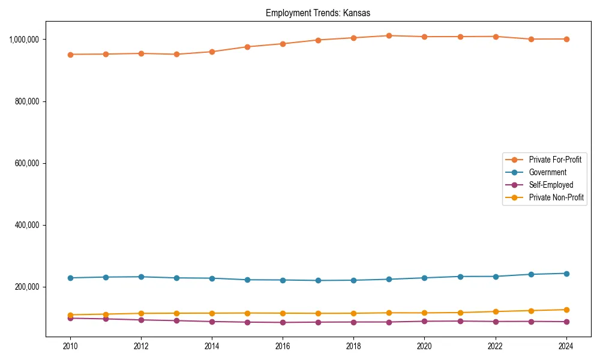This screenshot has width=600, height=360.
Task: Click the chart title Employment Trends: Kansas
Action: [x=318, y=13]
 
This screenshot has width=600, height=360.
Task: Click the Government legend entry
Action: [x=547, y=172]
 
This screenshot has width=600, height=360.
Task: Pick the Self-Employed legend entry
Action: [x=551, y=185]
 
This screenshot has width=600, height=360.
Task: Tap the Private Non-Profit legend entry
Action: [x=556, y=197]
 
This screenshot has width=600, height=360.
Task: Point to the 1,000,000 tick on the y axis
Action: [x=25, y=40]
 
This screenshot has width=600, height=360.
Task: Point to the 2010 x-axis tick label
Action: [x=70, y=346]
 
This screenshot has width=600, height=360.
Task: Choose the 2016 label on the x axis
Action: [x=283, y=346]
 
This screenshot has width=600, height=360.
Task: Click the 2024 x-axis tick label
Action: [x=566, y=346]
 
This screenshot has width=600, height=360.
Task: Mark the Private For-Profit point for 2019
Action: [x=389, y=36]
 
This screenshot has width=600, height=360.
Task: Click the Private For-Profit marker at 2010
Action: [x=70, y=55]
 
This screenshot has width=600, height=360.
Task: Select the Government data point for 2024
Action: [x=566, y=274]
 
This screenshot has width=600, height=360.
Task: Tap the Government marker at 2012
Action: [x=141, y=277]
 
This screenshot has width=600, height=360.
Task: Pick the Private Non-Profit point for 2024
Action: [x=566, y=310]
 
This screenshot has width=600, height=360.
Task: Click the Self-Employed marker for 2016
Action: [x=283, y=322]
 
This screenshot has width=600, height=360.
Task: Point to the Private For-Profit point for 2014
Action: [x=212, y=52]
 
